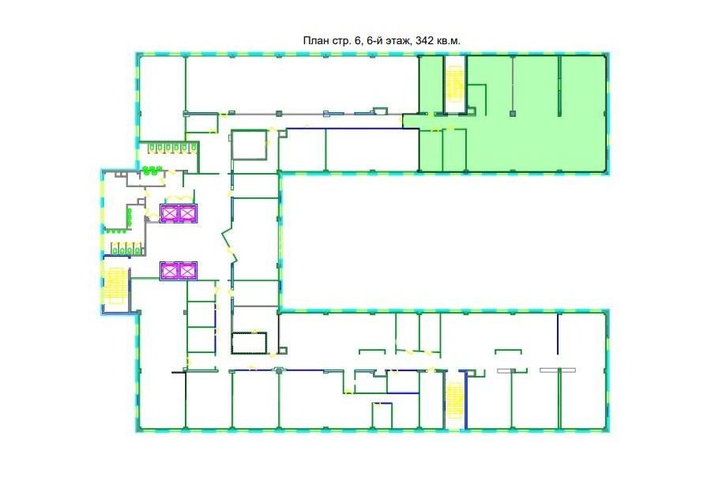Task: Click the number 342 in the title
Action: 424,41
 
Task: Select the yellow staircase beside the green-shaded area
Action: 454,84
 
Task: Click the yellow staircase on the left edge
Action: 115,286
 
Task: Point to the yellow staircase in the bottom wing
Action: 454,401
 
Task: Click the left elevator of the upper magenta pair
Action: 170,213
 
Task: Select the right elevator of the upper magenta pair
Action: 188,213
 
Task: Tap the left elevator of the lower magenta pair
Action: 169,271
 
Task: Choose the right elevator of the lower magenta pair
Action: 187,271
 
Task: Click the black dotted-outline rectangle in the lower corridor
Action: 249,344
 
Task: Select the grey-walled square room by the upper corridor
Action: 249,145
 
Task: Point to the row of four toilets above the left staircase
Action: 126,250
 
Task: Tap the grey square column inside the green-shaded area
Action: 513,114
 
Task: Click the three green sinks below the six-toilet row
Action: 152,170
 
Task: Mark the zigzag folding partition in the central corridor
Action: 230,246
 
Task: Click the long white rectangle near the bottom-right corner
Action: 558,370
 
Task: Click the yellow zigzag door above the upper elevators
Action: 180,197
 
